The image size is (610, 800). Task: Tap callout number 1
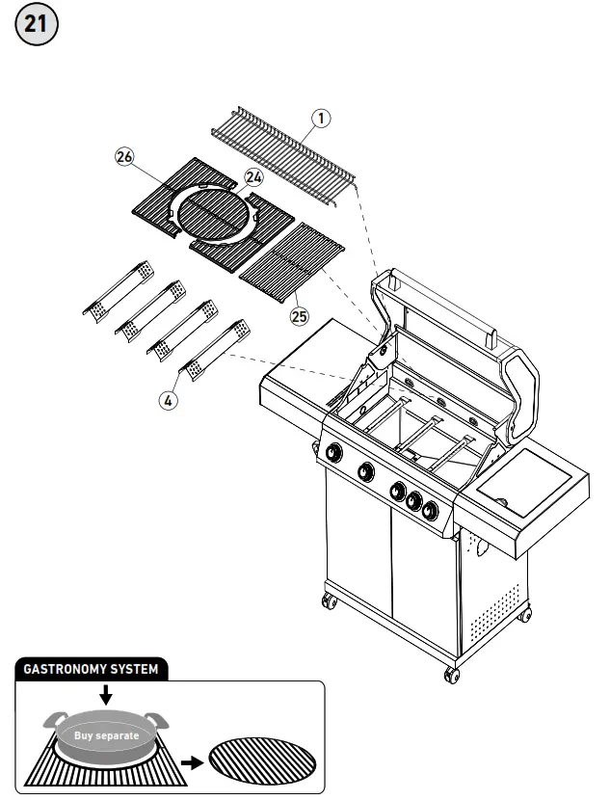[322, 118]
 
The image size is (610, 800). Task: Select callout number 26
[124, 158]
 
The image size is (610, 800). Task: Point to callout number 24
[254, 177]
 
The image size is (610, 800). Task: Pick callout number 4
[169, 401]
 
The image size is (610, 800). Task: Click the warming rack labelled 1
[282, 153]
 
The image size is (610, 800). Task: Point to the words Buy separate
[109, 736]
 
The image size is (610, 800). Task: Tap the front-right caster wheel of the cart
[450, 673]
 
